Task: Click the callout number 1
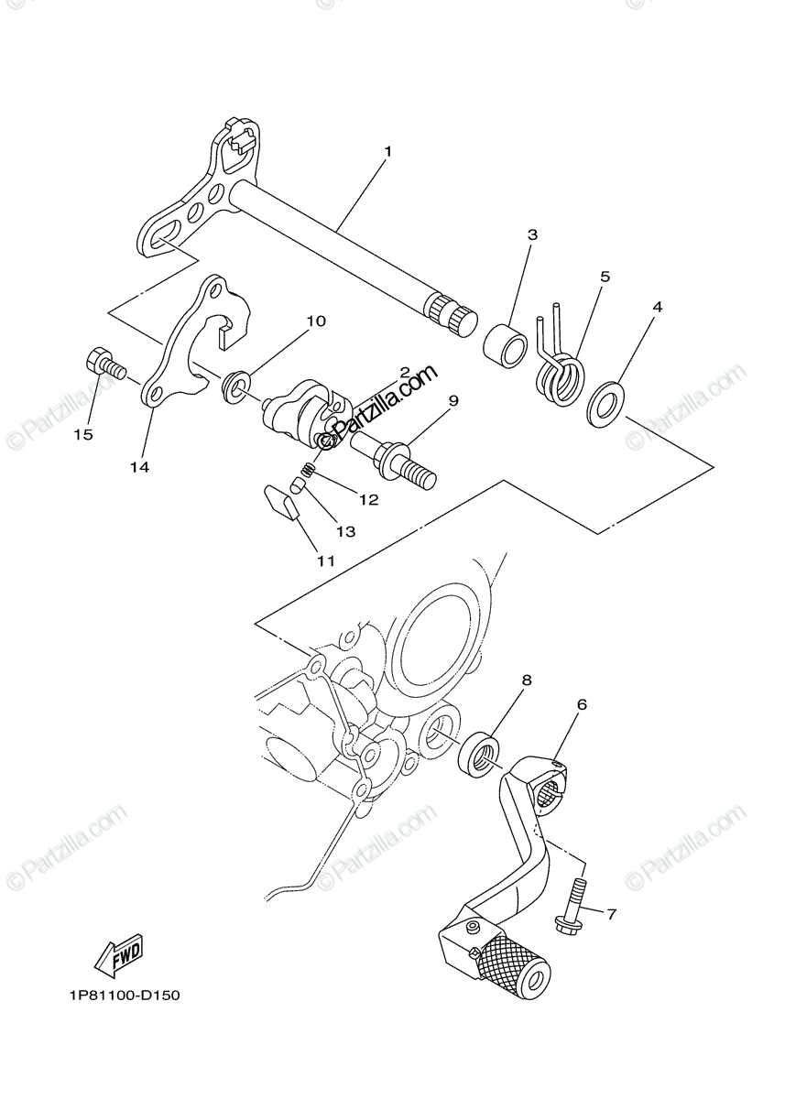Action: (387, 150)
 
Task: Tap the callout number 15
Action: (83, 435)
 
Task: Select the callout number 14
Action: (139, 467)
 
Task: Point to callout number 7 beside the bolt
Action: (611, 912)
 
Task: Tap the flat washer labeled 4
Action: (606, 402)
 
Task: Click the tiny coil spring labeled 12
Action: (309, 471)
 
